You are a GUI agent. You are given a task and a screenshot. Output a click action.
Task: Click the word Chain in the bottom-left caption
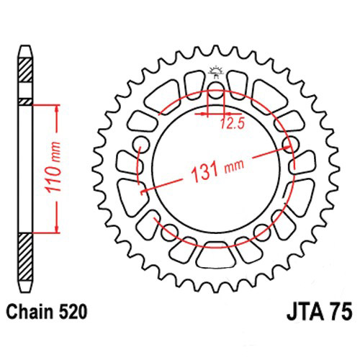coord(30,312)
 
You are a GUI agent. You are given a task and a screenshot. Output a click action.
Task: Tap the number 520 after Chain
coord(72,312)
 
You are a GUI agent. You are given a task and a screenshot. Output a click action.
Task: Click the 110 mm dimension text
coord(53,168)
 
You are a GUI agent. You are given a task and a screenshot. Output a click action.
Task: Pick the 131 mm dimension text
coord(217,169)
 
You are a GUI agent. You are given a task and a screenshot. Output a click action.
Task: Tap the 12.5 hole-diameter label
coord(232,124)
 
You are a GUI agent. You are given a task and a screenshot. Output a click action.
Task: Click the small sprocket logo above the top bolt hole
coord(216,71)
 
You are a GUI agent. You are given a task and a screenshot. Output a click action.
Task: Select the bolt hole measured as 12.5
coord(216,91)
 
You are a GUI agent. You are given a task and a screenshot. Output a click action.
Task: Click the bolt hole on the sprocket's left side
coord(141,145)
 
